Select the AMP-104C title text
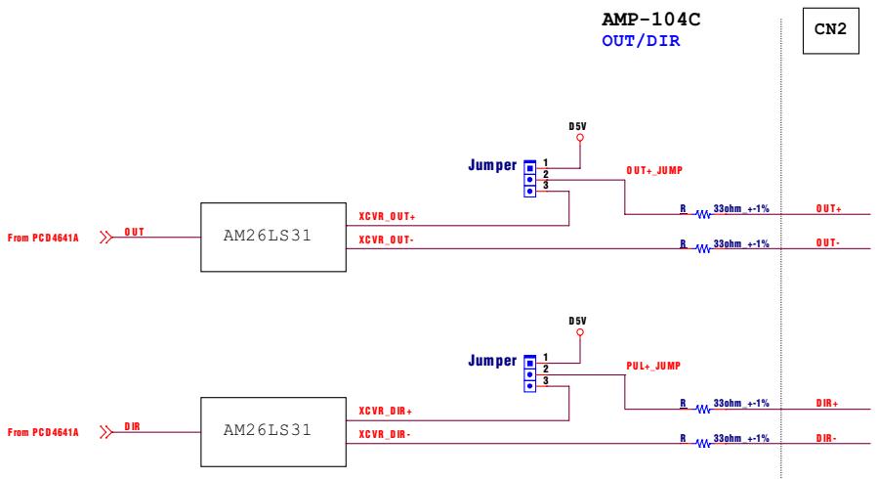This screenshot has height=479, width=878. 650,20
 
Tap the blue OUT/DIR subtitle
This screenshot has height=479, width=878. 641,41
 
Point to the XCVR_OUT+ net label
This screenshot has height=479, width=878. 387,217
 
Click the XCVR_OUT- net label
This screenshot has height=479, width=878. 387,239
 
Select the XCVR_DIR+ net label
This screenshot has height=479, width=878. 385,412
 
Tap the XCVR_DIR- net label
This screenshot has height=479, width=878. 385,434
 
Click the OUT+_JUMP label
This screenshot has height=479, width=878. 654,170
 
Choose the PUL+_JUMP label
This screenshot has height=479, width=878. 653,366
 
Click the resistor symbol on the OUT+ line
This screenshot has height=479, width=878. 703,214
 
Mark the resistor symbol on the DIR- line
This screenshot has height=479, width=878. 703,444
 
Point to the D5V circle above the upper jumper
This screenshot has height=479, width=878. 580,138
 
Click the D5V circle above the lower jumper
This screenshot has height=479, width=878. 580,332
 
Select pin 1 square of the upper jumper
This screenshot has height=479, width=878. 529,168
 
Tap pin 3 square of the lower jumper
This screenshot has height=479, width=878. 529,386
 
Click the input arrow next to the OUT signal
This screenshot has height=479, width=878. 106,238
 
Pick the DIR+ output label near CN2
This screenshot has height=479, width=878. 827,404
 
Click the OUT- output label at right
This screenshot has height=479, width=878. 827,243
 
